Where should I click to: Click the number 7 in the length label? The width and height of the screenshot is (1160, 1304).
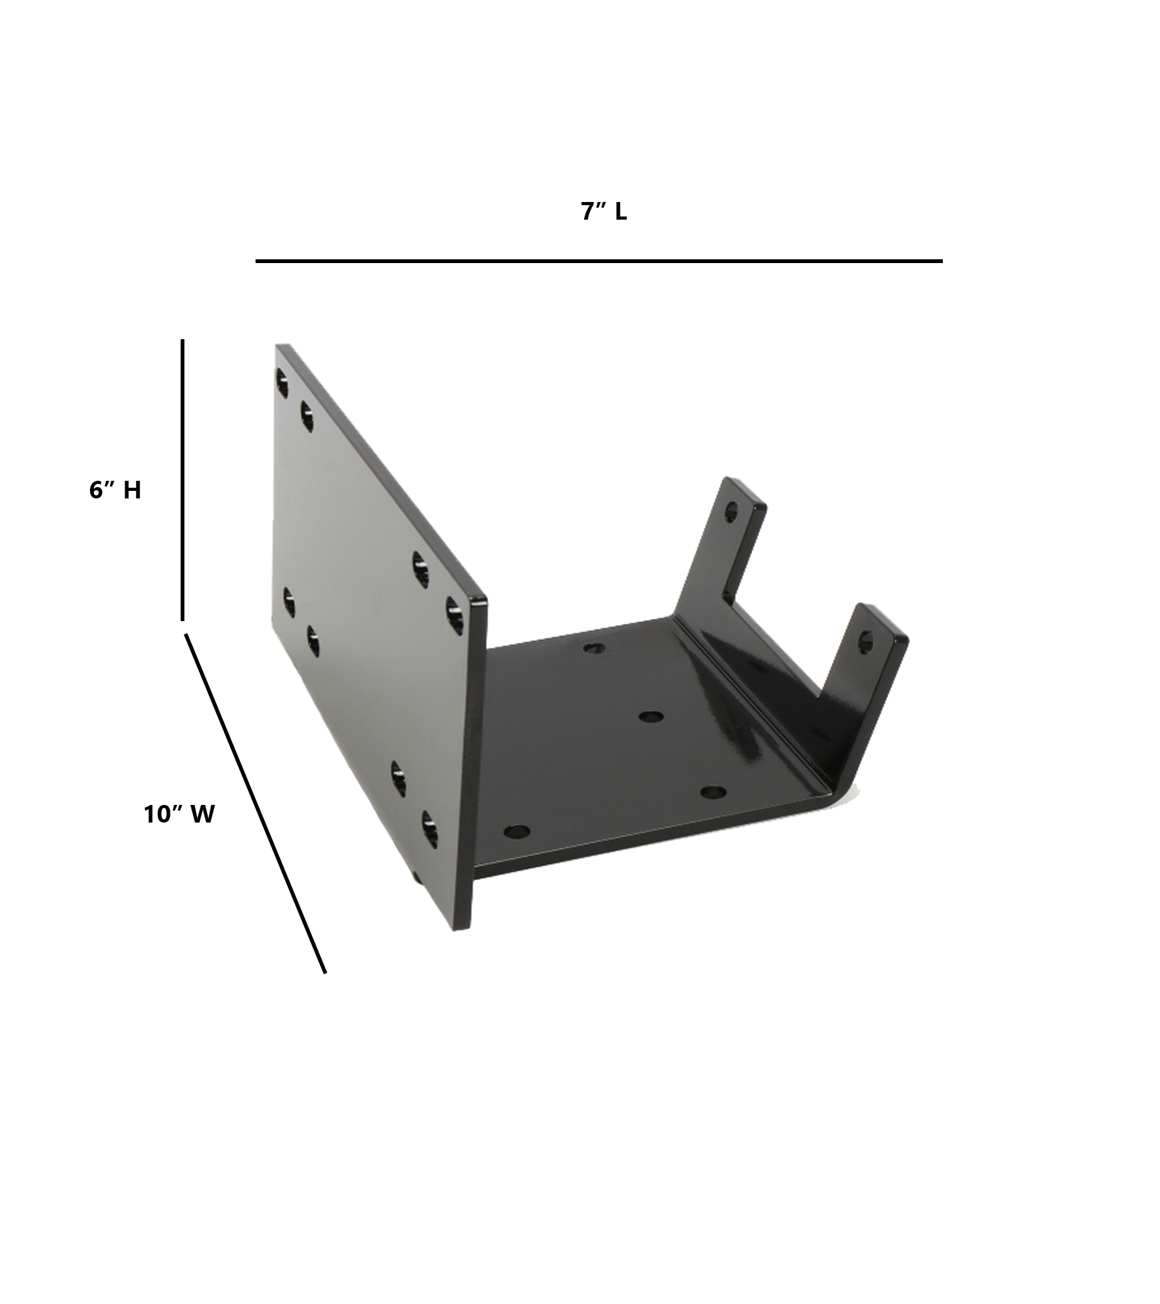589,213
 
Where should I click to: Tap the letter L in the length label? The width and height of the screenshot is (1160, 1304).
621,213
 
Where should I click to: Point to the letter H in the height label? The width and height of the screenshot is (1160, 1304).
132,490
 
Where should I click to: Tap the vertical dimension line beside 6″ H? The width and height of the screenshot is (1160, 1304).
183,479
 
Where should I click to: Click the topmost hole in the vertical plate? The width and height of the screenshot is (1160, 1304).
282,381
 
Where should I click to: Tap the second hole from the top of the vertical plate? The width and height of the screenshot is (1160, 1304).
307,416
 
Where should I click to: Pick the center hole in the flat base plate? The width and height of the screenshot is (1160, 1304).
650,716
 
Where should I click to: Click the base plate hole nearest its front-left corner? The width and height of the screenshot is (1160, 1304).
516,832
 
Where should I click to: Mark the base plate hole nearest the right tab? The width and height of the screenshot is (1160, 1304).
712,792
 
